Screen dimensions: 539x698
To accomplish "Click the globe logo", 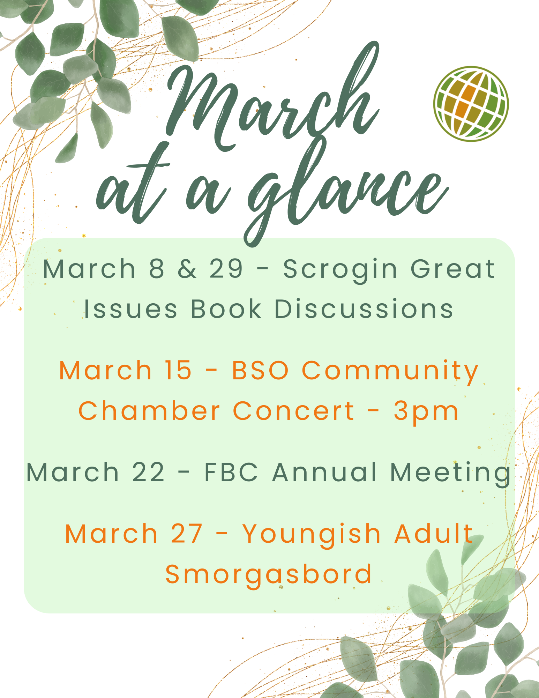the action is point(471,104).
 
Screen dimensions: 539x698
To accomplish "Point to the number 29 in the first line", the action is point(226,269).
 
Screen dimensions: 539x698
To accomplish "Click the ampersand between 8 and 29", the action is point(187,269).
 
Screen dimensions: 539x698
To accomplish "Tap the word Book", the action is point(226,309).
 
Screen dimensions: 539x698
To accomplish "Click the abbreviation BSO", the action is point(260,370).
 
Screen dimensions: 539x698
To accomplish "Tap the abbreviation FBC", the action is point(231,472).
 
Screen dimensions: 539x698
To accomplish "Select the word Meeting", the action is point(450,474).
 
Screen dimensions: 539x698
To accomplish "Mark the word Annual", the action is point(324,472).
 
